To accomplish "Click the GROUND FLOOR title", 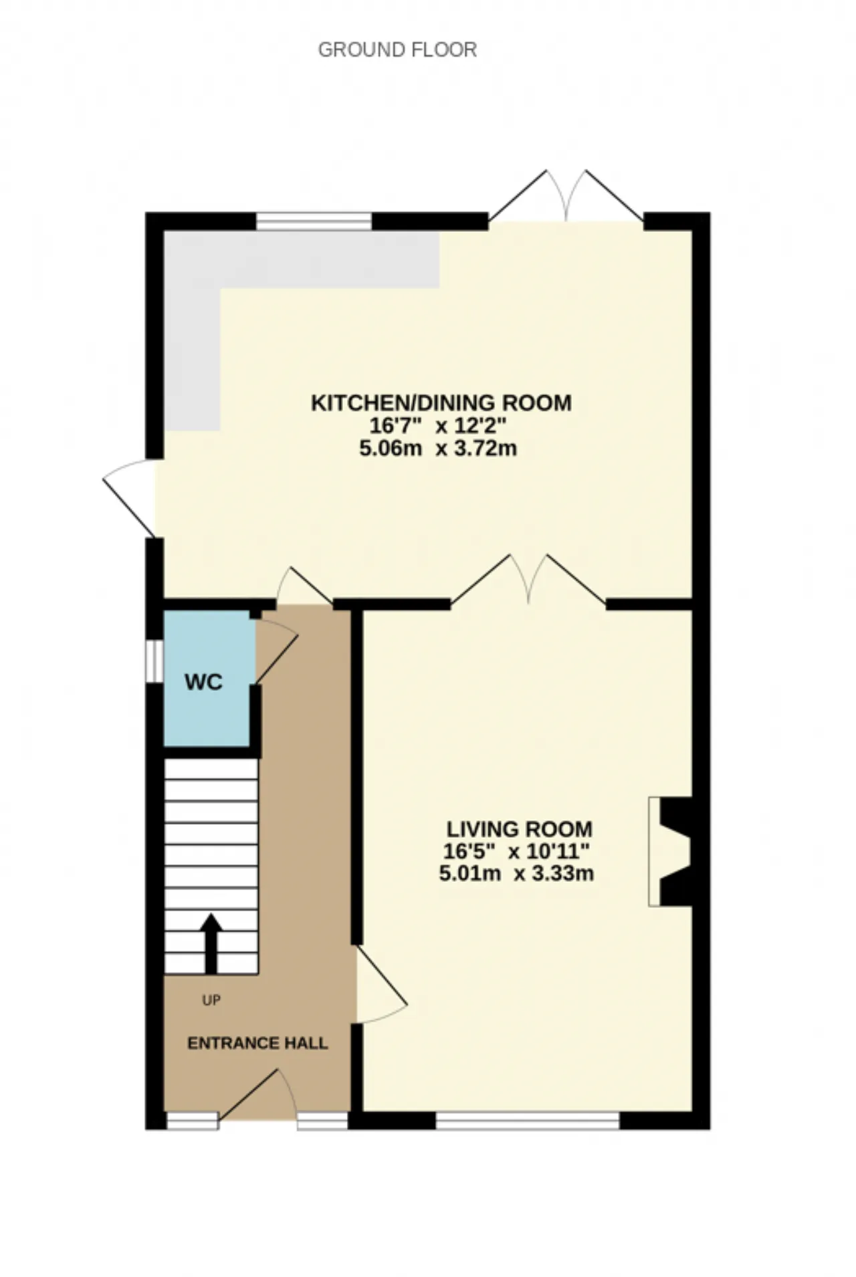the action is coord(397,50).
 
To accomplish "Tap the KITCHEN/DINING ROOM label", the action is coord(441,403).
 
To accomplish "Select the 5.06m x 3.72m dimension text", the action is coord(438,448).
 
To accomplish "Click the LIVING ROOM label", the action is coord(520,830).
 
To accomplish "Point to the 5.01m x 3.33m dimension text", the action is coord(516,873).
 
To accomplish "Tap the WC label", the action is coord(204,683).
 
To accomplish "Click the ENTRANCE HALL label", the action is coord(257,1043).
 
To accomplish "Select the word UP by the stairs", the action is coord(211,1000).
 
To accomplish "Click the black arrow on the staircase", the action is coord(211,943).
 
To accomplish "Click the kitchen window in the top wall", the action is coord(314,221).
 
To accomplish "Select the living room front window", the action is coord(528,1121).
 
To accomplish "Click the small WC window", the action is coord(155,661).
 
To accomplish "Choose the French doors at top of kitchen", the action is coord(566,196).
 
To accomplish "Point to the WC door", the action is coord(276,651).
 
